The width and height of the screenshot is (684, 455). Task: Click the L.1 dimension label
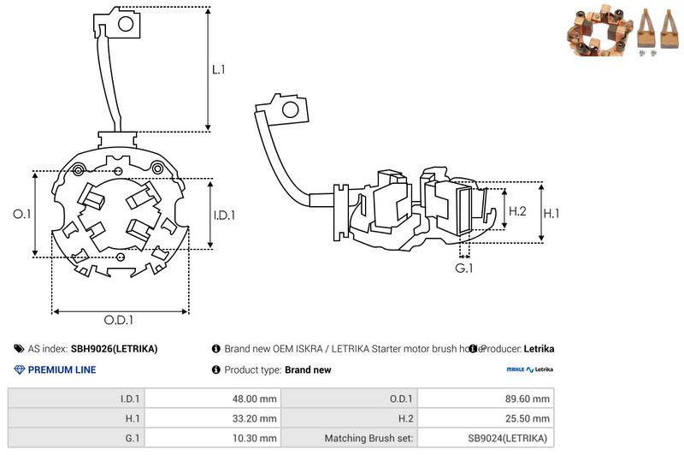[220, 69]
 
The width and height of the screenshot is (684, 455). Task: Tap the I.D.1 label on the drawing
[223, 216]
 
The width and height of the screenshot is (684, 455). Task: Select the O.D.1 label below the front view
[120, 321]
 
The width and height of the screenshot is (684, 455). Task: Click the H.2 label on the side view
[517, 211]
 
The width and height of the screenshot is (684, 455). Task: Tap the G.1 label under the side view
[464, 269]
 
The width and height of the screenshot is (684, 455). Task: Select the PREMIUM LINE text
[62, 370]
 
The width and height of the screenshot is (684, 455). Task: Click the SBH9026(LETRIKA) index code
[114, 349]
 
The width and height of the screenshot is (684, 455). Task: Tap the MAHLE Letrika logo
[529, 369]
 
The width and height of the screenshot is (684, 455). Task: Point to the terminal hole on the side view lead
[291, 109]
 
